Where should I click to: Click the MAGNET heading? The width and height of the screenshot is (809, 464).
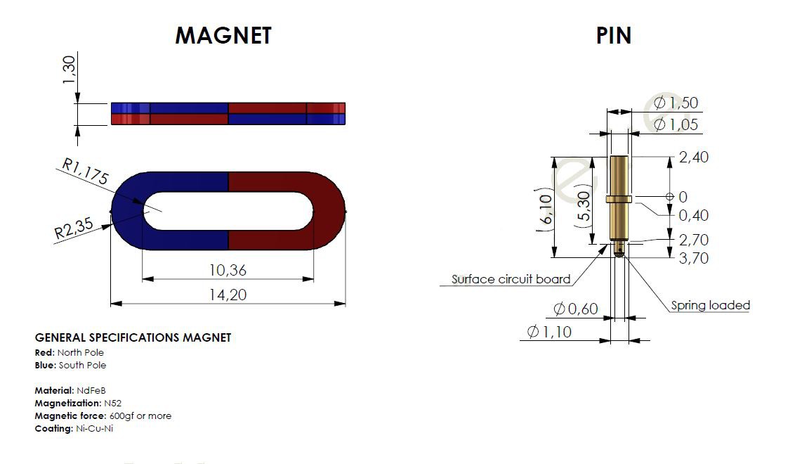pyautogui.click(x=223, y=36)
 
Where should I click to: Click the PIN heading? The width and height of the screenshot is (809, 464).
pyautogui.click(x=614, y=36)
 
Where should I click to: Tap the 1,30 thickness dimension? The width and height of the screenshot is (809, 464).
pyautogui.click(x=69, y=70)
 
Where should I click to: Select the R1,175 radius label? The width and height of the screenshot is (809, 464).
pyautogui.click(x=85, y=171)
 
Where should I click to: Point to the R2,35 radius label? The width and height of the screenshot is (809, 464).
pyautogui.click(x=74, y=228)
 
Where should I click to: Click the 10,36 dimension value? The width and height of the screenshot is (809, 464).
pyautogui.click(x=228, y=270)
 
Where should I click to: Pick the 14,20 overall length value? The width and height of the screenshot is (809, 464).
pyautogui.click(x=228, y=295)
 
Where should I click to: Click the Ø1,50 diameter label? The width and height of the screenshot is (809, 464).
pyautogui.click(x=676, y=103)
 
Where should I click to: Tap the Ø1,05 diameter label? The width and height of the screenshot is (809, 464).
pyautogui.click(x=676, y=124)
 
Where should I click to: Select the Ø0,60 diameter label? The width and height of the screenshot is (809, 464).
pyautogui.click(x=575, y=309)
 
